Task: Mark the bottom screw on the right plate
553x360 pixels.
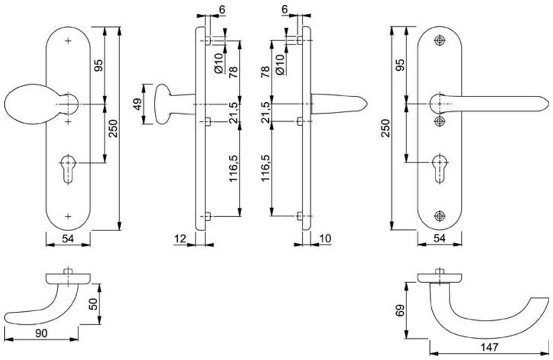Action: click(x=439, y=215)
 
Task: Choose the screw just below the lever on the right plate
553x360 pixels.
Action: click(x=439, y=120)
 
